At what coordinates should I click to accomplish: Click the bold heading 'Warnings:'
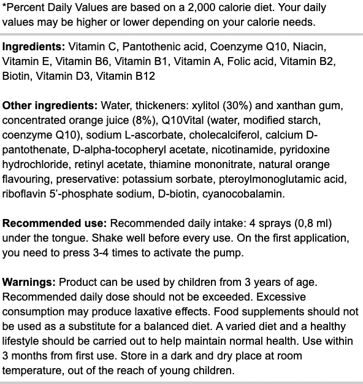[x=28, y=282]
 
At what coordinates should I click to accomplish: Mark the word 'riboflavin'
[x=25, y=194]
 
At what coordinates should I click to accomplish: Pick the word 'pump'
[x=223, y=253]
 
